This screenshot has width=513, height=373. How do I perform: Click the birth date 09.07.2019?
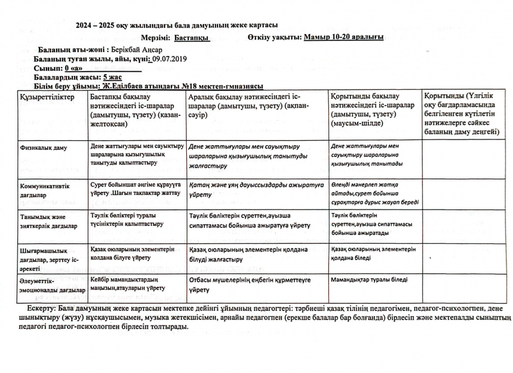click(x=169, y=58)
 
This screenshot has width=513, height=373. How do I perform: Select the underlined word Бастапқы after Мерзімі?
click(x=192, y=37)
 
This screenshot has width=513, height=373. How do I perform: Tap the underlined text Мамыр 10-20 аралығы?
click(x=344, y=37)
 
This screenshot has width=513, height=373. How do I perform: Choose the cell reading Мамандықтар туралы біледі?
click(x=369, y=280)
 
